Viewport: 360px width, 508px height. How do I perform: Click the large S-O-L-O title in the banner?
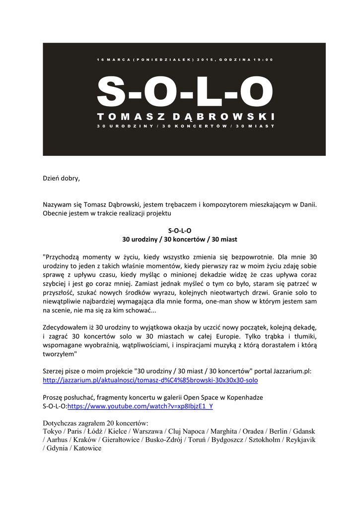[185, 92]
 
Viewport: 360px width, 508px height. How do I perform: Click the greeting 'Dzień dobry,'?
[61, 178]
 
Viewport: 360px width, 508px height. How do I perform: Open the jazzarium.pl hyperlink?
[150, 381]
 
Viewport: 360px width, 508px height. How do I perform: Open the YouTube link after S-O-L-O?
[140, 406]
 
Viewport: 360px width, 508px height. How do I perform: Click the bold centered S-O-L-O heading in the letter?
[180, 230]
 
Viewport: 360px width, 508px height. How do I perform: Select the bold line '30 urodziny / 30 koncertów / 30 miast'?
[180, 239]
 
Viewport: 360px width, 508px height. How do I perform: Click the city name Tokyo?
[53, 432]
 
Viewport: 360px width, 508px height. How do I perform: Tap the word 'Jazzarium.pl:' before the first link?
[291, 372]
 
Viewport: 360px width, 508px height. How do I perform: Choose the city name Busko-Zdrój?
[164, 440]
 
